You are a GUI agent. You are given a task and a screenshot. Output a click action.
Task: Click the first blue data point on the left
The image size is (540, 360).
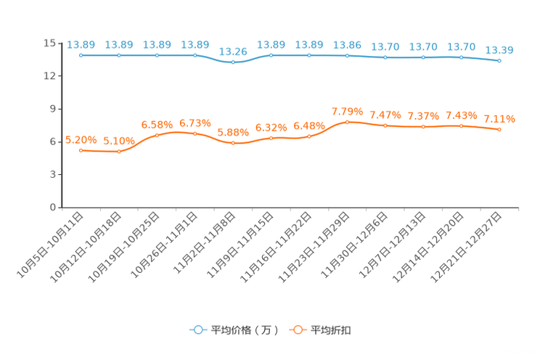81,55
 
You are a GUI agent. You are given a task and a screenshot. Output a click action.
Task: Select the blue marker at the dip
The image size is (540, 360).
232,62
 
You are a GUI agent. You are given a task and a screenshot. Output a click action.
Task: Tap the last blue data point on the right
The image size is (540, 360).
499,61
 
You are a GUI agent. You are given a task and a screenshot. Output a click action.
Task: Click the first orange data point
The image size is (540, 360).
81,150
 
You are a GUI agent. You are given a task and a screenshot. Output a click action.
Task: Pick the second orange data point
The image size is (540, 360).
119,151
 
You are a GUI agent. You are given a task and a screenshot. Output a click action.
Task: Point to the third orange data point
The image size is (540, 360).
157,135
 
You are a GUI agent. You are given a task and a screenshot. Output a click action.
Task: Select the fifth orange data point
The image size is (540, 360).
232,142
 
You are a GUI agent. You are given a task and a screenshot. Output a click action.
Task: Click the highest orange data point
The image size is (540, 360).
347,121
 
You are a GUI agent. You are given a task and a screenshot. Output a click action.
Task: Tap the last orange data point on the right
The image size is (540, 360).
499,129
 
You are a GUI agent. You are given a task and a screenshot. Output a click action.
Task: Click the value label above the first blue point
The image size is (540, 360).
81,44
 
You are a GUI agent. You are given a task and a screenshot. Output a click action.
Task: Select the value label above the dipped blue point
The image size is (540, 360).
232,52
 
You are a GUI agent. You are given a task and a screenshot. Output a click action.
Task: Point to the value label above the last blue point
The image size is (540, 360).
499,50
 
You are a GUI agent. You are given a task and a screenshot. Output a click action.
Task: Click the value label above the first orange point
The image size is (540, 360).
81,139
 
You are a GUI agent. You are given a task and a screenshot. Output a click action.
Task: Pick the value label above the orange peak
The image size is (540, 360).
347,111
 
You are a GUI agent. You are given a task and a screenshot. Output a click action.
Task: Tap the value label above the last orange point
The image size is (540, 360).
499,118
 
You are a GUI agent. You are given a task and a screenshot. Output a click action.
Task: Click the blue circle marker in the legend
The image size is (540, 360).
197,330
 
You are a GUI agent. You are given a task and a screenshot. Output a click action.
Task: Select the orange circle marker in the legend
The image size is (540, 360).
298,330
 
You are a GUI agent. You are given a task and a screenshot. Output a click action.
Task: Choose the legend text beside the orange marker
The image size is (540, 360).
332,330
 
